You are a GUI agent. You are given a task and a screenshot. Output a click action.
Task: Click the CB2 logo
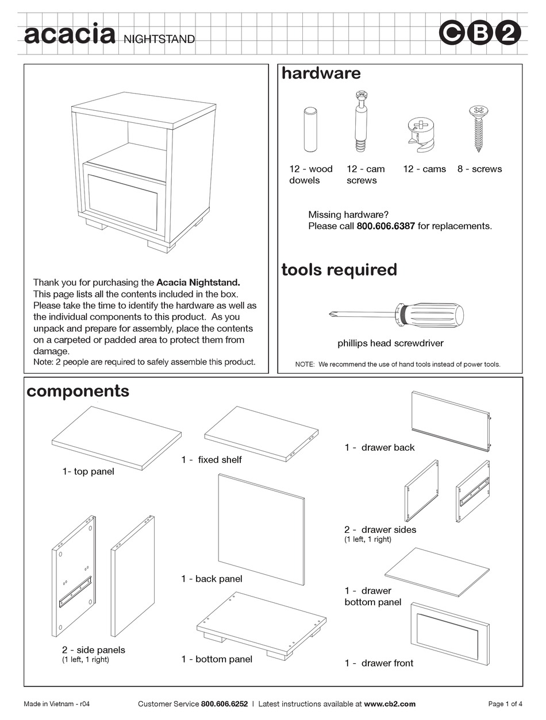480,34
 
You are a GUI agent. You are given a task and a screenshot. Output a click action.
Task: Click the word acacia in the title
69,34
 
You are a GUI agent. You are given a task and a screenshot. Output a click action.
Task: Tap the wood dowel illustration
310,130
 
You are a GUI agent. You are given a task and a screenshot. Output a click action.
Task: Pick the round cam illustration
422,132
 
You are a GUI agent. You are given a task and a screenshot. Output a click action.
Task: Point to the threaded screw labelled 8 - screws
478,131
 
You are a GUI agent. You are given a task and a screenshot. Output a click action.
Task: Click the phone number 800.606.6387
386,226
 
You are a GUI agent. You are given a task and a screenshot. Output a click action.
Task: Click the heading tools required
339,270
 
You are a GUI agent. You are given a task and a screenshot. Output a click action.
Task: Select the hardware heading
321,73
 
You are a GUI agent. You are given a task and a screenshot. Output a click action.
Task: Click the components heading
78,391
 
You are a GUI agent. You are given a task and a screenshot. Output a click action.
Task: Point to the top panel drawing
116,438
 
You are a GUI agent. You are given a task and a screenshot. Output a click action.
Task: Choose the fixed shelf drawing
262,433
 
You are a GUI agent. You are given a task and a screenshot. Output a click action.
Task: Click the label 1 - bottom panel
217,660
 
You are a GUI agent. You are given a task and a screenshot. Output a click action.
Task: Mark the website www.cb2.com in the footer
390,704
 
